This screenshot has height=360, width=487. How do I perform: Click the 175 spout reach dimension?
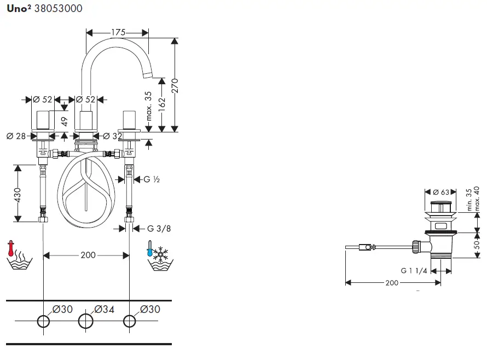point(118,33)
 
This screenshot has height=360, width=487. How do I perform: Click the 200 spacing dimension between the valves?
point(88,255)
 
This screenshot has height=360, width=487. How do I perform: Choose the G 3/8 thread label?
point(159,228)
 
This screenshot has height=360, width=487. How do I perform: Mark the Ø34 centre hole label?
point(104,309)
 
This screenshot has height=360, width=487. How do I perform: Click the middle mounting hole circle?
point(86,321)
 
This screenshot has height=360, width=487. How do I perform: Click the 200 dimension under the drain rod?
point(392,282)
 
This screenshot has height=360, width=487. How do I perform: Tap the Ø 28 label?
point(16,136)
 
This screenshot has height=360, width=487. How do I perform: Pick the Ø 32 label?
point(113,136)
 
